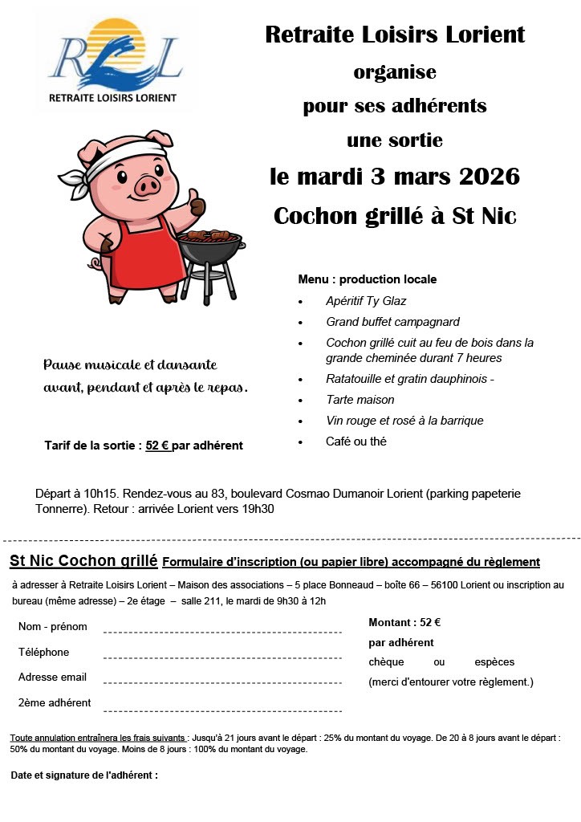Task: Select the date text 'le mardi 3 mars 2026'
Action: pyautogui.click(x=395, y=177)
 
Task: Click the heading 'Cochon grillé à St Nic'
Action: pyautogui.click(x=395, y=215)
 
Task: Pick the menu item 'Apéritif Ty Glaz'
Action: pyautogui.click(x=366, y=301)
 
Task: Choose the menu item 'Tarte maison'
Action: pyautogui.click(x=360, y=400)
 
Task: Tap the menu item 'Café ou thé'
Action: pyautogui.click(x=356, y=442)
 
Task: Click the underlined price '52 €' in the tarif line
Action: pyautogui.click(x=158, y=446)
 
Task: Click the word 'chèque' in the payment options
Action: pyautogui.click(x=387, y=662)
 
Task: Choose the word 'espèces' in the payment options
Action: pyautogui.click(x=494, y=662)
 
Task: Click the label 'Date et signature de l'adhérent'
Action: pyautogui.click(x=84, y=775)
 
